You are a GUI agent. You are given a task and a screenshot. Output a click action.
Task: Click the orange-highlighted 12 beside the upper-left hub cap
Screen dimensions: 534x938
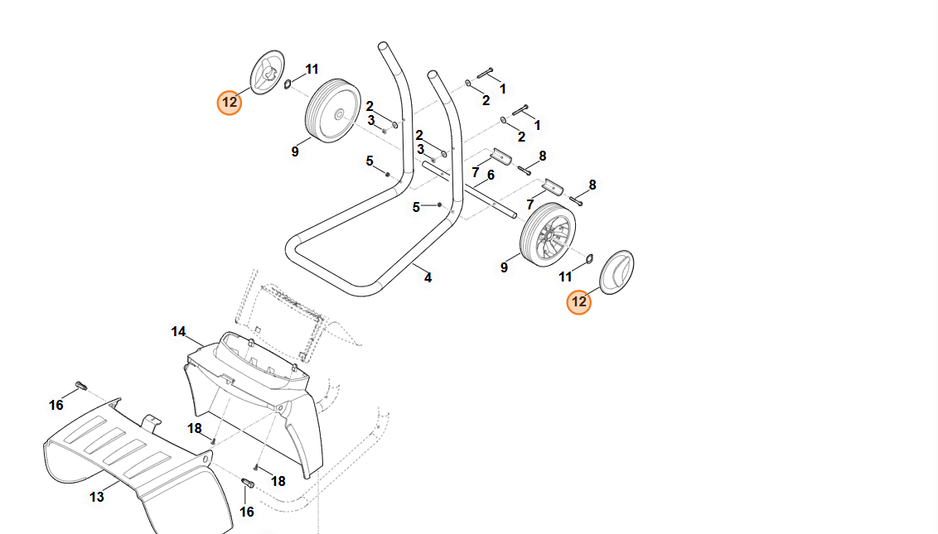pyautogui.click(x=229, y=103)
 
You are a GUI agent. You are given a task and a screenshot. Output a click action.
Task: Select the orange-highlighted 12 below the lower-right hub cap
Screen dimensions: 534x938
pyautogui.click(x=578, y=302)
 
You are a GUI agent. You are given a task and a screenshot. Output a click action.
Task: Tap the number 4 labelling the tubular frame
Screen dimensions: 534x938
pyautogui.click(x=428, y=278)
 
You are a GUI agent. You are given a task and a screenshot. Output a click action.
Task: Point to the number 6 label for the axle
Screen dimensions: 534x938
pyautogui.click(x=491, y=176)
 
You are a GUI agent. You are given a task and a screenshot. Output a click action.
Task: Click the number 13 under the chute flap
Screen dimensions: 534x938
pyautogui.click(x=97, y=497)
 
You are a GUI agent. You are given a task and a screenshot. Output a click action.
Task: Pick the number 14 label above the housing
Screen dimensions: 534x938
pyautogui.click(x=178, y=332)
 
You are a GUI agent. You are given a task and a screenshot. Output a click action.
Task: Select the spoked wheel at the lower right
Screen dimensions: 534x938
pyautogui.click(x=548, y=235)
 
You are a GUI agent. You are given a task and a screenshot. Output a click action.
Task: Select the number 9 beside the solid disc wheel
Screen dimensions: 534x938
pyautogui.click(x=295, y=152)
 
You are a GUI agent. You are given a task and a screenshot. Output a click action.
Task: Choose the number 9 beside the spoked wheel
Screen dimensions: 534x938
pyautogui.click(x=504, y=267)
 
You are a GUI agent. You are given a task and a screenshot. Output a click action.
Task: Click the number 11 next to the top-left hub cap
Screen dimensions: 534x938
pyautogui.click(x=312, y=70)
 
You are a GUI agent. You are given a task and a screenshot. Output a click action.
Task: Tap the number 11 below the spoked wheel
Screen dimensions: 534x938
pyautogui.click(x=565, y=277)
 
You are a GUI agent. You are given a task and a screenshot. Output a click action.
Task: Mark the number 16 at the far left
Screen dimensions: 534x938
pyautogui.click(x=56, y=405)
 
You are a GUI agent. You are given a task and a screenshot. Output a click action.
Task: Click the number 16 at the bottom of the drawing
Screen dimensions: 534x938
pyautogui.click(x=246, y=512)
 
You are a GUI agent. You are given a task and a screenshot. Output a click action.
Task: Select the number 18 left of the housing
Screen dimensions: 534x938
pyautogui.click(x=195, y=428)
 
